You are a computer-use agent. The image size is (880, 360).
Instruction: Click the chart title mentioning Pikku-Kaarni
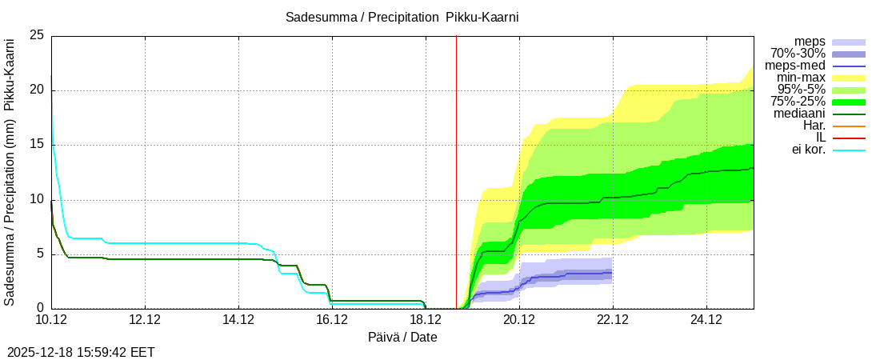[407, 17]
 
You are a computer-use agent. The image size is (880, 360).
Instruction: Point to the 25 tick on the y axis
[37, 35]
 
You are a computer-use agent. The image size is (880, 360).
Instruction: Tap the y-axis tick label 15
[37, 145]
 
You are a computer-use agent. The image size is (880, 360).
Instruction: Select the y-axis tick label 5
[41, 254]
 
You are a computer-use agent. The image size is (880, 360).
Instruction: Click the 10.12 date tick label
[51, 320]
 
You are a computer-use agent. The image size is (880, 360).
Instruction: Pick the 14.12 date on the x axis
[238, 320]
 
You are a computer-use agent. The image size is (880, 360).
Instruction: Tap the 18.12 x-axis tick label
[426, 320]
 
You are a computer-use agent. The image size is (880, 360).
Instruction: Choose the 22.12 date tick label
[613, 320]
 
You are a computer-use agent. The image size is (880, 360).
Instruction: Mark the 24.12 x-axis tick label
[706, 320]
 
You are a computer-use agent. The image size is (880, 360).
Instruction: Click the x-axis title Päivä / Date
[402, 337]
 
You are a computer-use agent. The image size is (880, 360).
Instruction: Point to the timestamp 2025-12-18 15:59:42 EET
[81, 352]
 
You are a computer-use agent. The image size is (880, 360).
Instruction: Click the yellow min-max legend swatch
[849, 78]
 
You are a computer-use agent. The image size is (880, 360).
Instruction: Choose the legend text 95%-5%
[803, 90]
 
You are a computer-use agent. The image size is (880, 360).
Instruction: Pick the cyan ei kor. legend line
[849, 150]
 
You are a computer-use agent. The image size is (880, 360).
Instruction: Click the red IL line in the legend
[849, 138]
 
